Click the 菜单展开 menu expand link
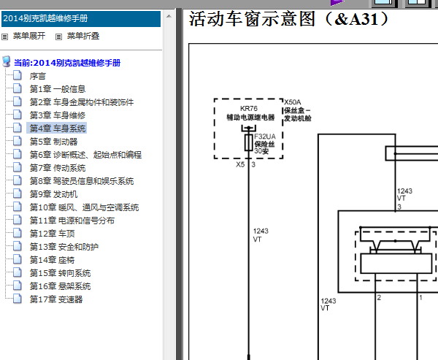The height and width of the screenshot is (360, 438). (29, 36)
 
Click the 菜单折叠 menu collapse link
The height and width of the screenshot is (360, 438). (83, 36)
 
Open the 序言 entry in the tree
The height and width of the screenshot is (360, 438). (38, 76)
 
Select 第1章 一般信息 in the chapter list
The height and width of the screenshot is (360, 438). (58, 89)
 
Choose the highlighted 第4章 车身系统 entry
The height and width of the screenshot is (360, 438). (58, 129)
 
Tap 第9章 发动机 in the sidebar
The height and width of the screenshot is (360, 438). (53, 194)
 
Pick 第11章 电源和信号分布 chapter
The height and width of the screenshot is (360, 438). (72, 221)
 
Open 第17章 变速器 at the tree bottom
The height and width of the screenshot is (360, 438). (56, 299)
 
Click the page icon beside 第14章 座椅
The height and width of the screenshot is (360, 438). (18, 259)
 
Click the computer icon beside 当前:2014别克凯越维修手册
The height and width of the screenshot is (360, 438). (7, 62)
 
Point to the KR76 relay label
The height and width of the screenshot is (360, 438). (249, 109)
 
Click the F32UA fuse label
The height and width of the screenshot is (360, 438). (265, 137)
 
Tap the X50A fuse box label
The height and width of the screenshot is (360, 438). (293, 102)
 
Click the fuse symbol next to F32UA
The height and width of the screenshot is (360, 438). (249, 142)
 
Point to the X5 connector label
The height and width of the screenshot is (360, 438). (240, 164)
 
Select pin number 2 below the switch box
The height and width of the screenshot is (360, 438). (379, 297)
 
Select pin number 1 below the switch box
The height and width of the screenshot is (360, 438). (420, 298)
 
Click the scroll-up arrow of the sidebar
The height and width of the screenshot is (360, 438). (169, 16)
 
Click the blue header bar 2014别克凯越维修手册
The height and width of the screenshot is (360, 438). (81, 19)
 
